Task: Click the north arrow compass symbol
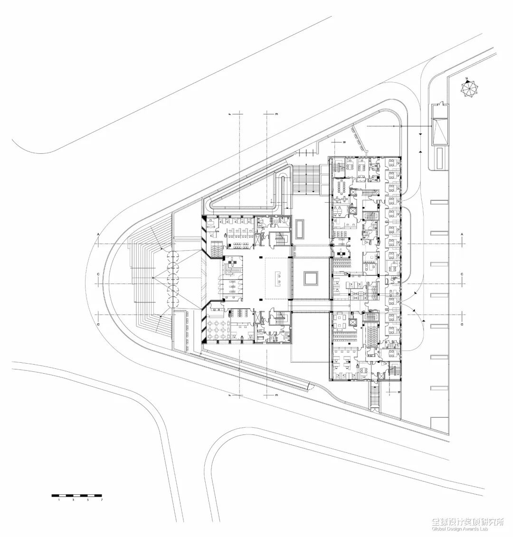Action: pos(469,88)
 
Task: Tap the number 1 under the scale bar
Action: pos(59,500)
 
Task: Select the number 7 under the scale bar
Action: pos(101,500)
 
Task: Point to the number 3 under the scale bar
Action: pos(73,500)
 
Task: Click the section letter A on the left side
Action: pos(98,235)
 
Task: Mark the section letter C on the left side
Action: pos(98,275)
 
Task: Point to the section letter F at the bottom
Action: pos(229,395)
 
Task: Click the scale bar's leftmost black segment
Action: pos(56,496)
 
